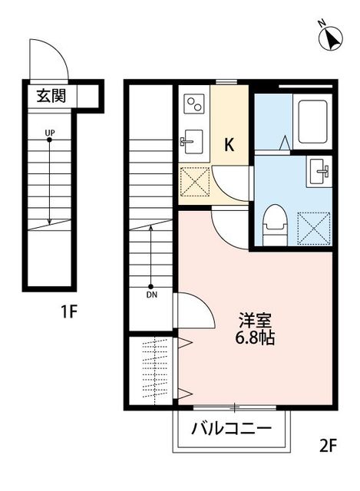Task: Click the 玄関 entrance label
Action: click(50, 97)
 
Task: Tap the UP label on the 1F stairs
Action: click(50, 133)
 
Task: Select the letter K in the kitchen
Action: click(229, 143)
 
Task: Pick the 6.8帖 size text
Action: click(255, 337)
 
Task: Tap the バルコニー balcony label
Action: click(230, 428)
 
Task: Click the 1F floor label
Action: click(70, 311)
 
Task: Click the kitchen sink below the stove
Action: click(193, 141)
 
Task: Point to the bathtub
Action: click(313, 121)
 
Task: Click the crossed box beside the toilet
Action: click(314, 227)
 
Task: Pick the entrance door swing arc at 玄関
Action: click(48, 60)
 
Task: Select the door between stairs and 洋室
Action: click(193, 311)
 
